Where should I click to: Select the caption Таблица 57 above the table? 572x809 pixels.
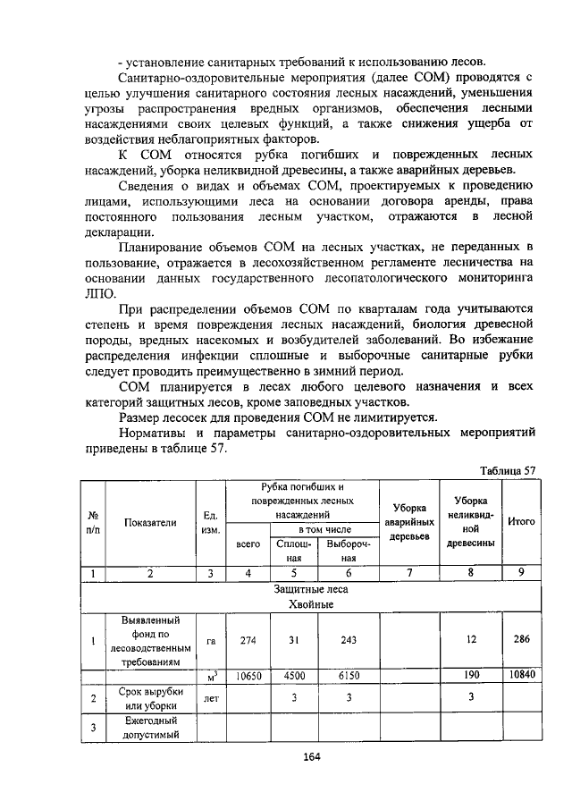(x=507, y=471)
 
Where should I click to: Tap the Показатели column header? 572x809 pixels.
(x=150, y=522)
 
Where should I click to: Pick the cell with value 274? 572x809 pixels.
(x=248, y=640)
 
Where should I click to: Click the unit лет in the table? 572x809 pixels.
(x=211, y=699)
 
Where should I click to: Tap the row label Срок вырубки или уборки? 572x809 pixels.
(x=150, y=699)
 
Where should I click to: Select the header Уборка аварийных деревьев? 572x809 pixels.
(x=408, y=522)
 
